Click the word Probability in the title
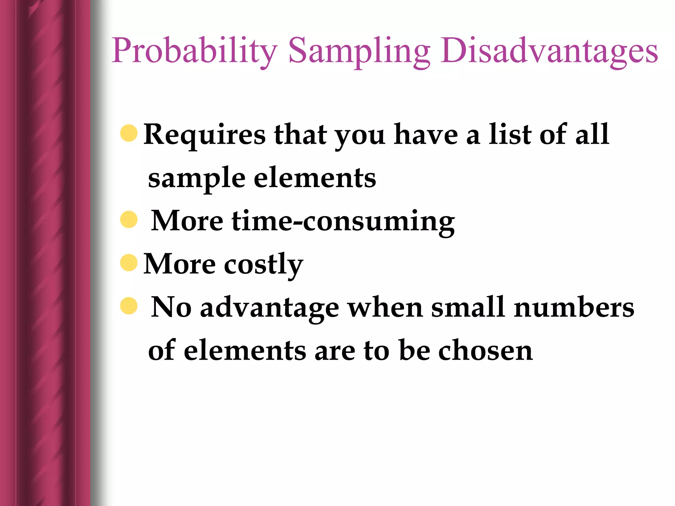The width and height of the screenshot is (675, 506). click(x=194, y=51)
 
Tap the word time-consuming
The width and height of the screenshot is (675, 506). click(x=343, y=222)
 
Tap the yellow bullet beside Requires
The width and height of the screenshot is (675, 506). click(x=129, y=133)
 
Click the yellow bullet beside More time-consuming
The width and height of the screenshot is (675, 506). click(x=129, y=219)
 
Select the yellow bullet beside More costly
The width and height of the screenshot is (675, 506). click(x=129, y=263)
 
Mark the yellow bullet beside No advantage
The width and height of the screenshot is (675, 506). click(x=129, y=306)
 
